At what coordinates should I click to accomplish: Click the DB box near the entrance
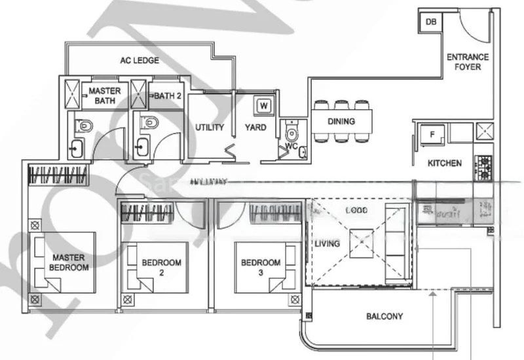(x=431, y=22)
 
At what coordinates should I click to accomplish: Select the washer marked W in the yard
(x=263, y=105)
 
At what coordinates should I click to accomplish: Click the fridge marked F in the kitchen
(x=432, y=134)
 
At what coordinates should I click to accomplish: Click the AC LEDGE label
(x=139, y=61)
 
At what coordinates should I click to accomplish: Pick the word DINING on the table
(x=341, y=121)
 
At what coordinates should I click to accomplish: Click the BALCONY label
(x=384, y=317)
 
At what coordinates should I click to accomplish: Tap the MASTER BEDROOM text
(x=69, y=262)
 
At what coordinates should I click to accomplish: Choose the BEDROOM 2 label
(x=161, y=267)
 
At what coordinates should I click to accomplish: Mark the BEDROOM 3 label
(x=261, y=267)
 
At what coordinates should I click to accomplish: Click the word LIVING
(x=327, y=244)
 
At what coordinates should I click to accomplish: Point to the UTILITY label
(x=210, y=127)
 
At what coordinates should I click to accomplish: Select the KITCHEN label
(x=445, y=163)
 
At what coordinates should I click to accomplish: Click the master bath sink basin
(x=77, y=148)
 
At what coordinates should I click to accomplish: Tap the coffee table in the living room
(x=361, y=243)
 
